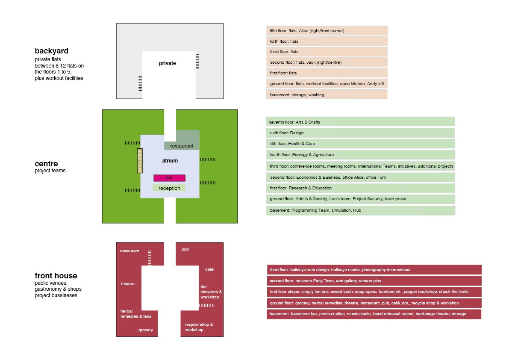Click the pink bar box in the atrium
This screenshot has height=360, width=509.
(x=169, y=178)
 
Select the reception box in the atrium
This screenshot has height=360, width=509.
(x=169, y=188)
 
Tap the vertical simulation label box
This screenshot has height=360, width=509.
(x=140, y=161)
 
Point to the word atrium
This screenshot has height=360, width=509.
(x=170, y=161)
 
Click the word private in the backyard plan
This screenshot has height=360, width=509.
(x=167, y=63)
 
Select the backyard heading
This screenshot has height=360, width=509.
(x=52, y=51)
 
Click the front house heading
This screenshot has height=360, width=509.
(x=56, y=276)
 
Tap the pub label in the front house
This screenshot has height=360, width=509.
(x=185, y=249)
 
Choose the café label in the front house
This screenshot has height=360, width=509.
(x=209, y=269)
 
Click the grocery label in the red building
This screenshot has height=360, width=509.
(x=145, y=330)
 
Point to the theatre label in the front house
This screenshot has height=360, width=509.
(x=128, y=284)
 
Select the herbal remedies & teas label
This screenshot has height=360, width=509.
(x=136, y=313)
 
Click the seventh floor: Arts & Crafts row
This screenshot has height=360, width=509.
(x=360, y=122)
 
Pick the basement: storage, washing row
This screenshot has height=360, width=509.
(x=327, y=94)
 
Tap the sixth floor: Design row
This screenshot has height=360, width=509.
(x=360, y=133)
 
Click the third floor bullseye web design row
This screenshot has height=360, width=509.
(x=374, y=270)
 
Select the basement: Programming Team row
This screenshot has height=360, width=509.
(x=360, y=210)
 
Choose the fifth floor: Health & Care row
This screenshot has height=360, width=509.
(x=360, y=144)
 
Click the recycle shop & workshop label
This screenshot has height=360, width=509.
(x=199, y=327)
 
